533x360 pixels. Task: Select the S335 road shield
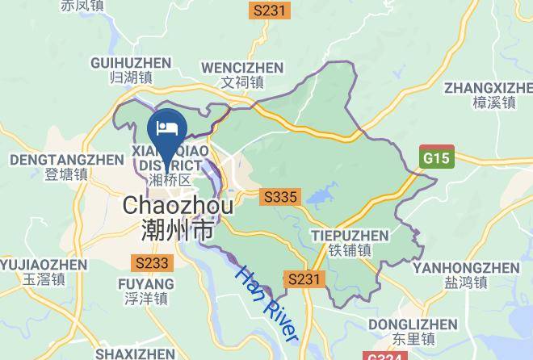pyautogui.click(x=280, y=196)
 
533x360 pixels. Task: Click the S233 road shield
pyautogui.click(x=151, y=262)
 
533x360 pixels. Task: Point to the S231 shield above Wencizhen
pyautogui.click(x=269, y=10)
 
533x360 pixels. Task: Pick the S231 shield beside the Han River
pyautogui.click(x=306, y=279)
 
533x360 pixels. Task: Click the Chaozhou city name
pyautogui.click(x=178, y=206)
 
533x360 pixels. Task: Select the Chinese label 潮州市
pyautogui.click(x=178, y=231)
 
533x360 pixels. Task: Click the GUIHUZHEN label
pyautogui.click(x=131, y=62)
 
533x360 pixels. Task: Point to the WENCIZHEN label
pyautogui.click(x=242, y=67)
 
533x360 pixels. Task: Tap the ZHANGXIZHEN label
pyautogui.click(x=489, y=86)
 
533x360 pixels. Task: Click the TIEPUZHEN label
pyautogui.click(x=349, y=236)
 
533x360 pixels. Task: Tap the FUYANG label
pyautogui.click(x=145, y=284)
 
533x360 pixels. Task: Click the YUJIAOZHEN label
pyautogui.click(x=42, y=264)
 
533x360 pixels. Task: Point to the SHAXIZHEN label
pyautogui.click(x=134, y=354)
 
